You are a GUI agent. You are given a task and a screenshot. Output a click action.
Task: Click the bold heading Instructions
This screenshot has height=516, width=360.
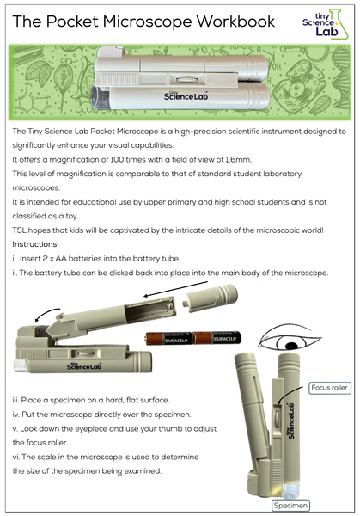coord(35,245)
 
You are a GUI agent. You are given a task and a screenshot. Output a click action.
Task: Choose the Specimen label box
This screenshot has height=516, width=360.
coord(291,505)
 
